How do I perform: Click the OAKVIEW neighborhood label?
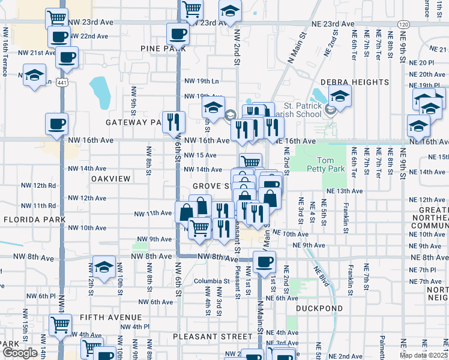pyautogui.click(x=111, y=179)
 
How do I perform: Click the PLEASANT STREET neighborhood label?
pyautogui.click(x=212, y=337)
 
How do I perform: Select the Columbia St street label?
pyautogui.click(x=211, y=281)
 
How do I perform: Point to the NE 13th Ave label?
pyautogui.click(x=345, y=191)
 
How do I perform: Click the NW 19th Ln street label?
pyautogui.click(x=201, y=80)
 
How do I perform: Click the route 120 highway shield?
pyautogui.click(x=403, y=24)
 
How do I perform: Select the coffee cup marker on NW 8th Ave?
pyautogui.click(x=264, y=261)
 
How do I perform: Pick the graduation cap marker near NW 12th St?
pyautogui.click(x=104, y=266)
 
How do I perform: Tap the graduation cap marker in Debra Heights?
pyautogui.click(x=340, y=96)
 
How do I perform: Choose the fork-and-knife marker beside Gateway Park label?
pyautogui.click(x=172, y=122)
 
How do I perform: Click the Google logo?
pyautogui.click(x=20, y=353)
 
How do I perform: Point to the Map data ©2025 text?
pyautogui.click(x=424, y=355)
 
